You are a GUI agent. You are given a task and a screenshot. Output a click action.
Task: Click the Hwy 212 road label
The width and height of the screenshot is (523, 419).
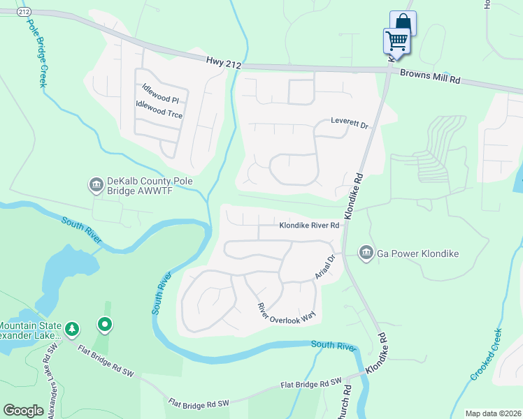(224, 63)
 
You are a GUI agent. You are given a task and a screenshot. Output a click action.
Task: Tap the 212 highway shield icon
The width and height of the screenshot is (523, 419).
(26, 12)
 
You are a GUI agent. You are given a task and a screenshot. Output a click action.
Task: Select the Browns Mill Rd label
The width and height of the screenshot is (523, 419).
(429, 76)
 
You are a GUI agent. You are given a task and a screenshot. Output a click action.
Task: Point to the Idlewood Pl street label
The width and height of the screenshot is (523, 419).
(160, 94)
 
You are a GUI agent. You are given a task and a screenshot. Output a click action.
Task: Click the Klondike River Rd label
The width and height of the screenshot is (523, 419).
(309, 226)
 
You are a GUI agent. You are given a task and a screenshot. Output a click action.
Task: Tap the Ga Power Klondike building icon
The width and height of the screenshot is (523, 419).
(366, 253)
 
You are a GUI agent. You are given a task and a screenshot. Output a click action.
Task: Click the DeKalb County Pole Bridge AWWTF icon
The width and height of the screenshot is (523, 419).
(96, 185)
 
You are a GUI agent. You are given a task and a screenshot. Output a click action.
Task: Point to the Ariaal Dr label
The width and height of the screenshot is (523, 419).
(325, 267)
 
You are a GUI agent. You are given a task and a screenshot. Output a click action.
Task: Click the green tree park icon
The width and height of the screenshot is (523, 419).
(71, 328)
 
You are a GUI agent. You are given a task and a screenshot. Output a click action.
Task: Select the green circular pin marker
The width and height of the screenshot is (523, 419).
(105, 324)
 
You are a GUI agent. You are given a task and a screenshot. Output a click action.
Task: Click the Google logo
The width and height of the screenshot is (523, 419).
(23, 411)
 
